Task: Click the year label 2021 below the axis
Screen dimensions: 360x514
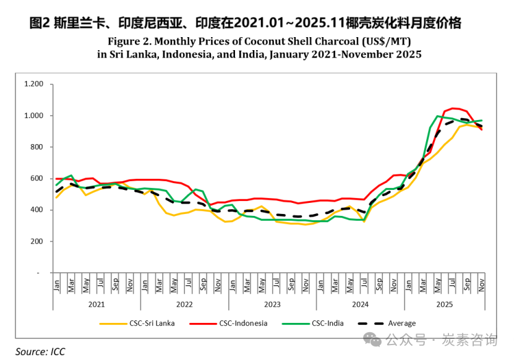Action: click(96, 304)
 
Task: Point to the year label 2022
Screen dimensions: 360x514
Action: click(184, 304)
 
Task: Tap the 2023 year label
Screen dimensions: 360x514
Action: click(272, 304)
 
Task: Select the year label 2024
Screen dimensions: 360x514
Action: click(360, 304)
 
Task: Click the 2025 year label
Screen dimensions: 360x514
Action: click(444, 304)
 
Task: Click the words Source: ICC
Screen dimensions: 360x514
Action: click(40, 351)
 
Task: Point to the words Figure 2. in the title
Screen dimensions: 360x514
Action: click(128, 42)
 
